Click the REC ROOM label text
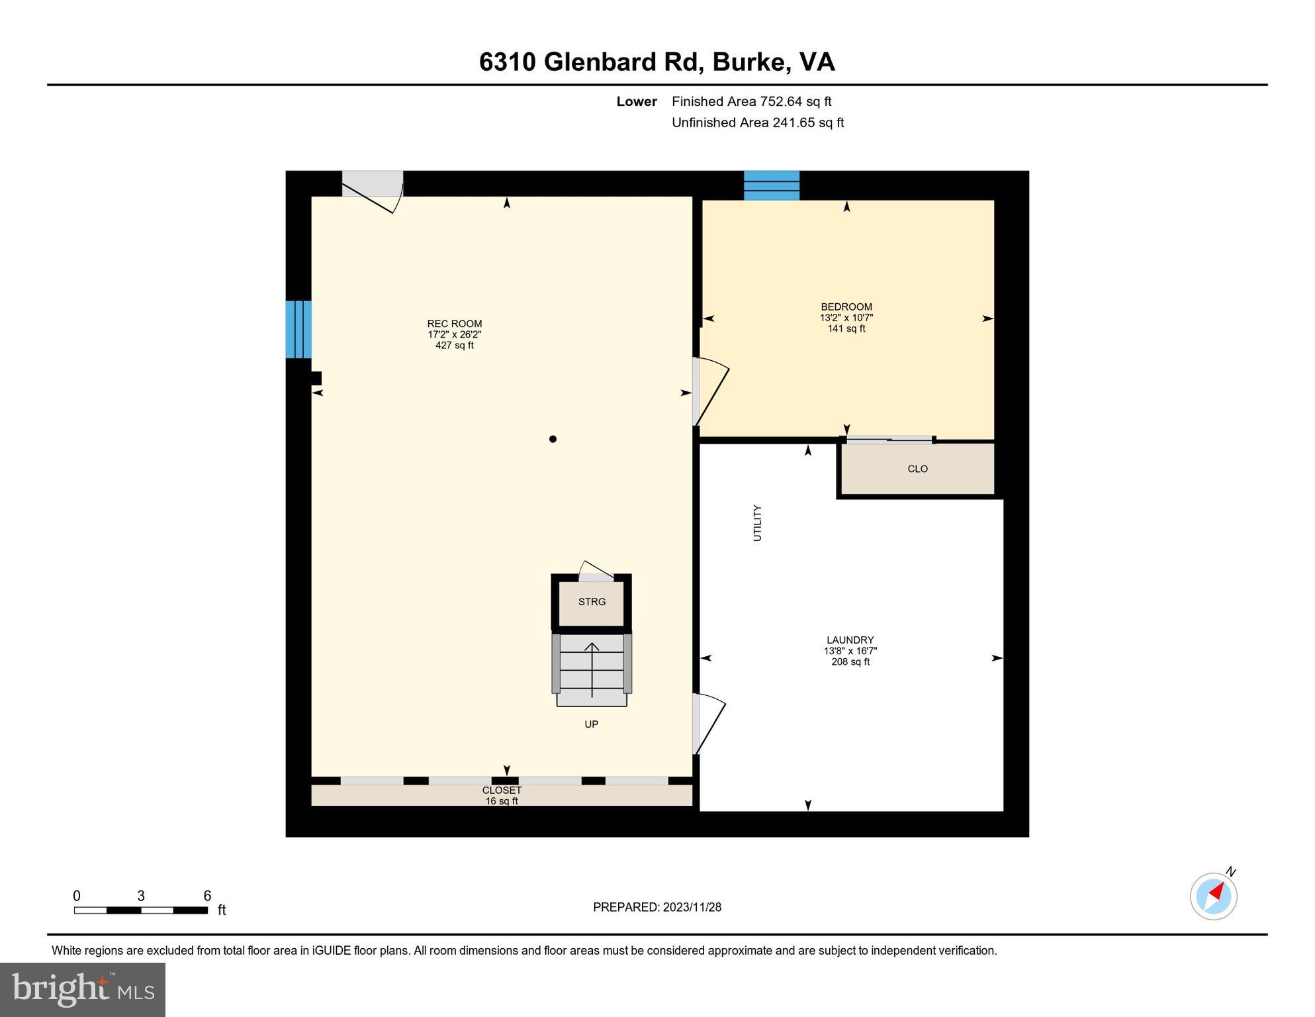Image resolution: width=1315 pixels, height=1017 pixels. pyautogui.click(x=454, y=324)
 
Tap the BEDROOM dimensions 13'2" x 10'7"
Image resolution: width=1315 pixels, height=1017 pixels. pyautogui.click(x=846, y=318)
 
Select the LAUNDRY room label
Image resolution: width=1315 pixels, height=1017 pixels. pyautogui.click(x=850, y=640)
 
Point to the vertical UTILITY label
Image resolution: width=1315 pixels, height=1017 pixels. pyautogui.click(x=758, y=523)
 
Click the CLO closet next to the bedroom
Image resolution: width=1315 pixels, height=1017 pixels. pyautogui.click(x=917, y=469)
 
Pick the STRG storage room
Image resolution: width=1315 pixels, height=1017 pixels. pyautogui.click(x=592, y=602)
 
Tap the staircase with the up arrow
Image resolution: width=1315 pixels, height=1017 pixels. pyautogui.click(x=592, y=669)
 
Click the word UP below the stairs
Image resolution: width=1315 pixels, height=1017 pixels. pyautogui.click(x=592, y=724)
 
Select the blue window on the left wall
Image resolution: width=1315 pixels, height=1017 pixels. pyautogui.click(x=298, y=329)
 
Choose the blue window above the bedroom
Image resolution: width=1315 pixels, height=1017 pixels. pyautogui.click(x=772, y=185)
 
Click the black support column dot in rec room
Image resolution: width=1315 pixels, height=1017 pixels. pyautogui.click(x=553, y=439)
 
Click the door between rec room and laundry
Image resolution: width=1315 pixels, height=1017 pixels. pyautogui.click(x=709, y=724)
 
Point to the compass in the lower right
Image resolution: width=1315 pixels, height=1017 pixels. pyautogui.click(x=1213, y=896)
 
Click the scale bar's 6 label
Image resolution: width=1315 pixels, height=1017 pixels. pyautogui.click(x=207, y=896)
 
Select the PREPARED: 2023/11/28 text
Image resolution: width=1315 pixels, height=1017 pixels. pyautogui.click(x=657, y=907)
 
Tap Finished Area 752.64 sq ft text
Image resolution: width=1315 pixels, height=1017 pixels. pyautogui.click(x=751, y=101)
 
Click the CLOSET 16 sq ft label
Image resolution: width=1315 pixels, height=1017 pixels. pyautogui.click(x=502, y=795)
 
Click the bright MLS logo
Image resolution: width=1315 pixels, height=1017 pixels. pyautogui.click(x=83, y=989)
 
